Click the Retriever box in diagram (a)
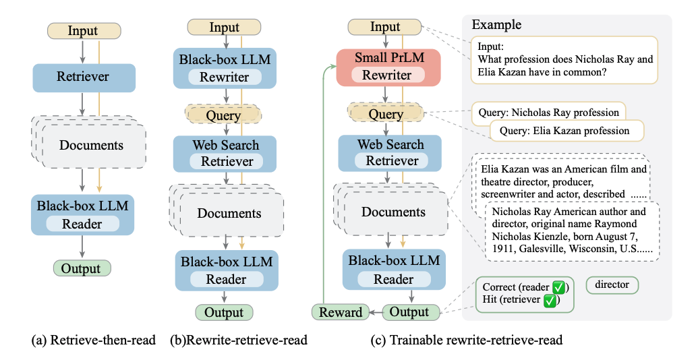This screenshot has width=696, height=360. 84,78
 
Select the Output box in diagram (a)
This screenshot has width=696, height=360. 81,268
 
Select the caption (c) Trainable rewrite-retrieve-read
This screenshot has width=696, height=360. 467,341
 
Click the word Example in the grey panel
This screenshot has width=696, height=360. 496,25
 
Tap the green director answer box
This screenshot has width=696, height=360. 612,285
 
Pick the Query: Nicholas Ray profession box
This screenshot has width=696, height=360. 548,112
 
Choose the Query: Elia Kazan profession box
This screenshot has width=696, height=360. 567,131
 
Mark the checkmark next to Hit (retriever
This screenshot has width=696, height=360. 550,301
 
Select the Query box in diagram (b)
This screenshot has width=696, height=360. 223,115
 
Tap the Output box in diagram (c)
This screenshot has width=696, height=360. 409,312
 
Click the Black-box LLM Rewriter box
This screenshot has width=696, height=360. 225,68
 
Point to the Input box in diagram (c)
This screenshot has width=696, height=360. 385,28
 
